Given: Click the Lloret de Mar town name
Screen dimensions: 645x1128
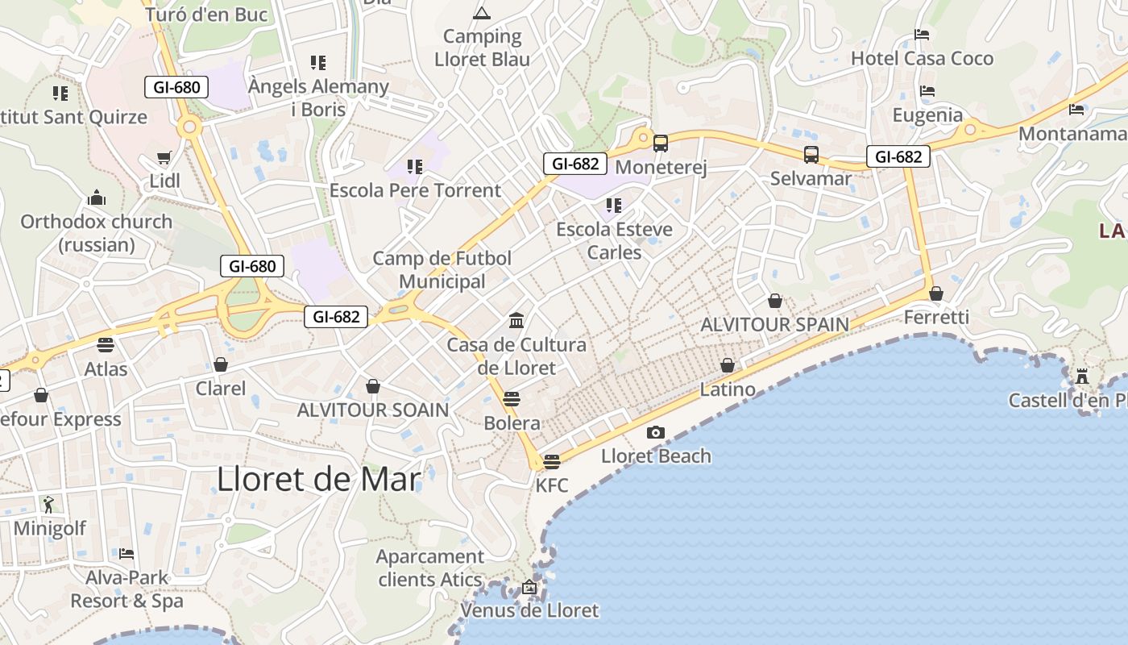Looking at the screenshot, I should [318, 480].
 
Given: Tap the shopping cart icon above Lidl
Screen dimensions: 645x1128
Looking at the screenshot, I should [164, 158].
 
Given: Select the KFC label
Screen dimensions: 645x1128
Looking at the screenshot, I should [552, 485].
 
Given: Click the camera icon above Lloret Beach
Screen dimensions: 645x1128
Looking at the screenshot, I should [656, 433].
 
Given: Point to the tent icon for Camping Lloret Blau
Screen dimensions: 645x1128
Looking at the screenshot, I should [482, 13].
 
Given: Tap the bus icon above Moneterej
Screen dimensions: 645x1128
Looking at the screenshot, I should [661, 144].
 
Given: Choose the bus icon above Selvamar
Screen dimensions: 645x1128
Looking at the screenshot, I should [811, 155].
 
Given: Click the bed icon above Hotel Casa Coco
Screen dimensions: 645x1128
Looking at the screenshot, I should [923, 35].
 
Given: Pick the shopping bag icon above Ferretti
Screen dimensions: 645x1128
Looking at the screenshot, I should [936, 293].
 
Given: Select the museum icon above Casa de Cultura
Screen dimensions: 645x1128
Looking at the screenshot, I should [516, 321].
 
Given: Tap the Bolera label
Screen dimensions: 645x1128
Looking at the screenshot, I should [512, 422].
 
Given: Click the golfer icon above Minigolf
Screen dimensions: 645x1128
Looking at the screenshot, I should [48, 505].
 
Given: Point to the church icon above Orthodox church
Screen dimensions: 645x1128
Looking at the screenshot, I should [97, 198].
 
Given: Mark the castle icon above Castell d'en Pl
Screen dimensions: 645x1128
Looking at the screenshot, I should [1082, 376].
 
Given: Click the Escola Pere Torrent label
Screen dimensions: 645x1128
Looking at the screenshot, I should [415, 190].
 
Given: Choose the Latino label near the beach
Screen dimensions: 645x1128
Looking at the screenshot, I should [728, 389].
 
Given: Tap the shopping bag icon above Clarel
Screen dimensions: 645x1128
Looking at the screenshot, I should [221, 365].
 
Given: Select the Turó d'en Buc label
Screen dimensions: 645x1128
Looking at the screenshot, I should [206, 15].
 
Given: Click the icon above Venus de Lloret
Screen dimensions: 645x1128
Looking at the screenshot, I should [529, 587].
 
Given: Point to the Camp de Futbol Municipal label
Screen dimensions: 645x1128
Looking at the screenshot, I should [442, 269].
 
